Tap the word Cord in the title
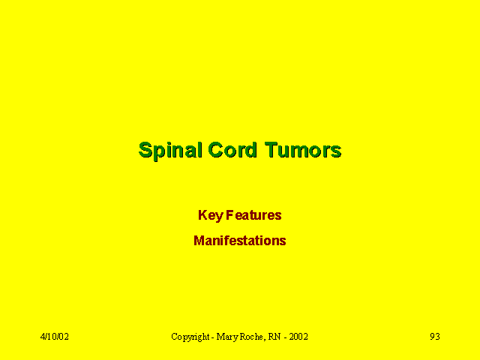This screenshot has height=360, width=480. (x=232, y=150)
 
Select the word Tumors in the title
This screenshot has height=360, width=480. (x=303, y=150)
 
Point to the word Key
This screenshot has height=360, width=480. (x=211, y=215)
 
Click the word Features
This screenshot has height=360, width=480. (x=253, y=215)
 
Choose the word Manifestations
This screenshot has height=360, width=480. (x=240, y=241)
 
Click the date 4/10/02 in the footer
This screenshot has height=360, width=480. (x=55, y=337)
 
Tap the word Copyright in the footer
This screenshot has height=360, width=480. (x=190, y=337)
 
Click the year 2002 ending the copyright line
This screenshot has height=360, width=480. (x=298, y=337)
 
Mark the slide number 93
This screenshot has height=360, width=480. (x=435, y=337)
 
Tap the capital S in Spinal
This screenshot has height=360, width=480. (x=145, y=150)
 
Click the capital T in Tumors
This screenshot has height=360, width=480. (x=271, y=150)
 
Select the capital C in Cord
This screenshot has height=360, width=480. (x=215, y=150)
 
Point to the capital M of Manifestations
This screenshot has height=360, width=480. (x=199, y=241)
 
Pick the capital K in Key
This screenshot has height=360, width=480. (x=202, y=215)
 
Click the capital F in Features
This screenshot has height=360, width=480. (x=230, y=215)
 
